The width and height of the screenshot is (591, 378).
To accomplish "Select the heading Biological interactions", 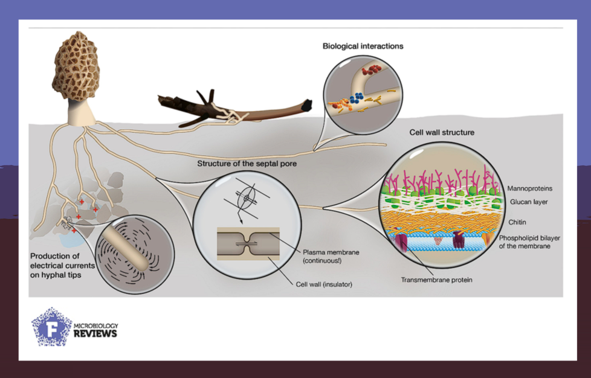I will click(x=363, y=46).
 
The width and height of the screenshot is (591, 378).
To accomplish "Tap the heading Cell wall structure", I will click(x=442, y=132).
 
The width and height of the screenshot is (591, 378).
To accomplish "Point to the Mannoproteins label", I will click(x=529, y=189).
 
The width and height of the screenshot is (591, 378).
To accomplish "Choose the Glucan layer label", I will click(x=528, y=202).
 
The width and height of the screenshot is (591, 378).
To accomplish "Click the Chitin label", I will click(x=517, y=222).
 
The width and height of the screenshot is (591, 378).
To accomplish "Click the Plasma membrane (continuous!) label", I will click(x=326, y=255).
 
